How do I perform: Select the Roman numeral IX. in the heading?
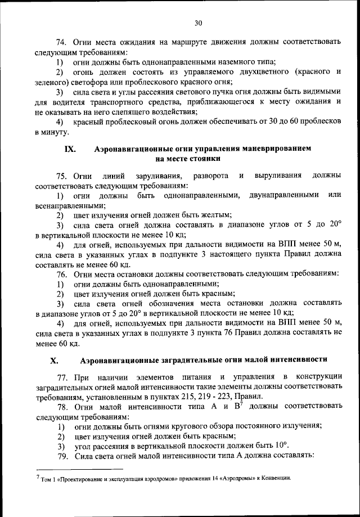pos(71,149)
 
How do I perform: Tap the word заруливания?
pos(150,176)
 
